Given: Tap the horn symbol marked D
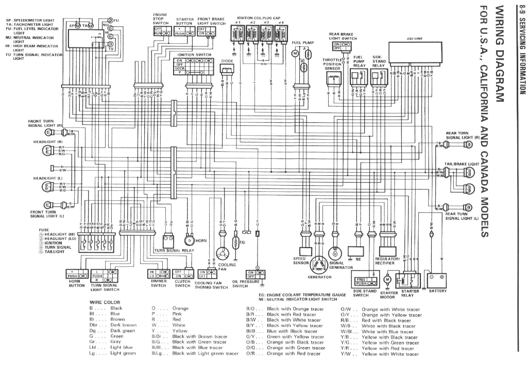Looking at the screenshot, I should pos(189,241).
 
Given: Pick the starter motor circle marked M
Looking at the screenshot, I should pos(388,279).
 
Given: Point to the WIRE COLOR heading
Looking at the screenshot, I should pos(105,302).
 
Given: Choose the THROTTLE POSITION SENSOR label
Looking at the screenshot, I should pos(333,64).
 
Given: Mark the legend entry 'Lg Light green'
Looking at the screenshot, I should pos(106,353).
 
